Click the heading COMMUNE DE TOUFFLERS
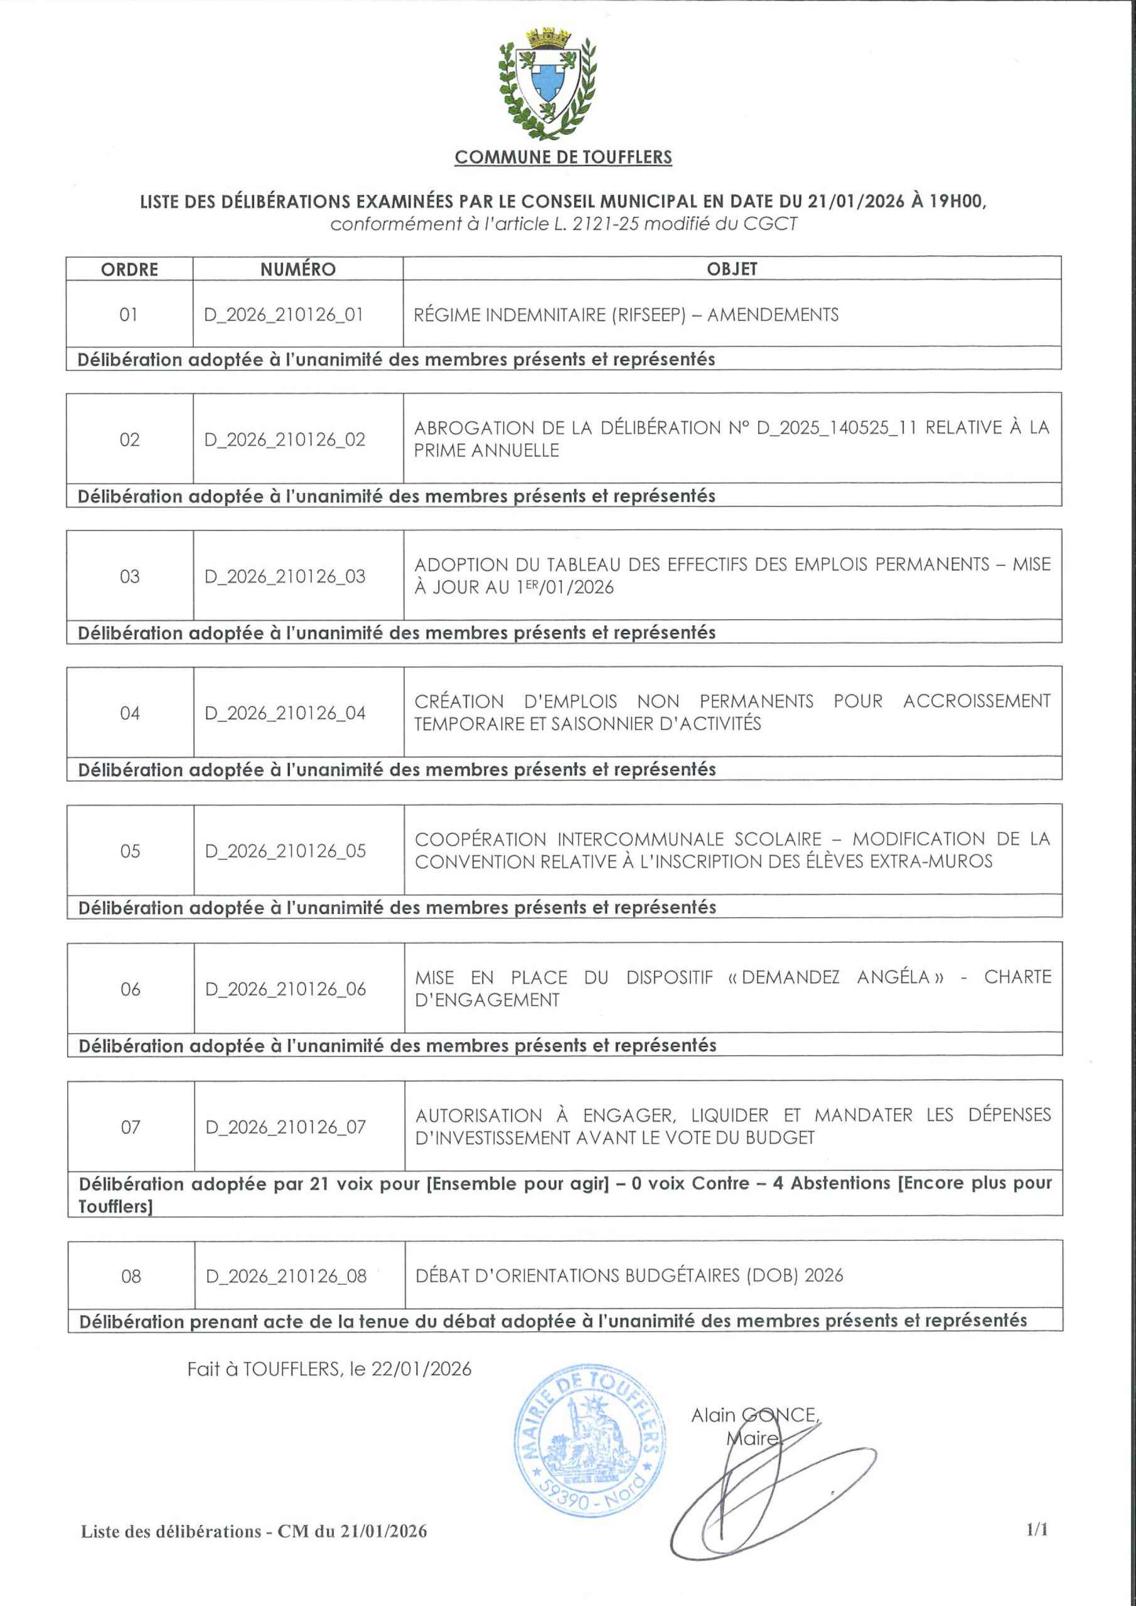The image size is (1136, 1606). click(563, 157)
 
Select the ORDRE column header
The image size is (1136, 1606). click(129, 269)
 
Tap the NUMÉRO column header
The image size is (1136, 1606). click(297, 269)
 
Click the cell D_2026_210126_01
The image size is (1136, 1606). click(284, 315)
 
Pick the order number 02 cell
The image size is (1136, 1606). click(129, 440)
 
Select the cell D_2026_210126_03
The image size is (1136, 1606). click(285, 577)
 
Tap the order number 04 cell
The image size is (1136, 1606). click(130, 713)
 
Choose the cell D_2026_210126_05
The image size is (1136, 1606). click(286, 851)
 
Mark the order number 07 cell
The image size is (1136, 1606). click(131, 1127)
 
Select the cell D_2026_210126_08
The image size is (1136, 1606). click(286, 1277)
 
